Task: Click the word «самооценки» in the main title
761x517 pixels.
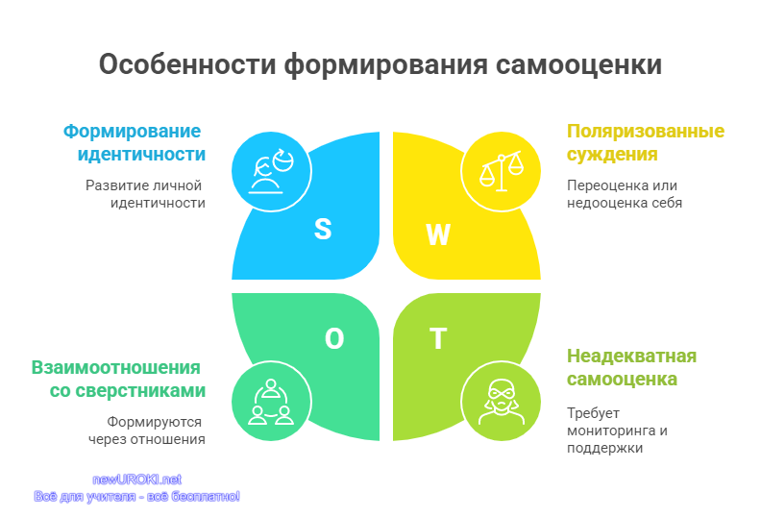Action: point(578,64)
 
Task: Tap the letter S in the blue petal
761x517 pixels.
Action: point(323,229)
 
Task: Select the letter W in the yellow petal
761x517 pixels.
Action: point(438,234)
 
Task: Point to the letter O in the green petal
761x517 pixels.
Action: point(334,339)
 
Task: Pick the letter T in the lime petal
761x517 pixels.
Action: point(438,338)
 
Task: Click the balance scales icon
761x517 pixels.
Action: point(502,170)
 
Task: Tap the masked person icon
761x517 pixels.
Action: point(502,402)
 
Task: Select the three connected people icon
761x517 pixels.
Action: point(271,402)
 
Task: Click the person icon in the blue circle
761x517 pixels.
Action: point(271,172)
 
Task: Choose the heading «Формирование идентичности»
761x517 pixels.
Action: point(135,143)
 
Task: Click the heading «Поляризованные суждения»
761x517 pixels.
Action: point(646,143)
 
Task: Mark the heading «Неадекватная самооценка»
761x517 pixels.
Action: point(631,367)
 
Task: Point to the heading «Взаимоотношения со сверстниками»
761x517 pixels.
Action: point(118,380)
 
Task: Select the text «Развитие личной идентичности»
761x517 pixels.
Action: point(145,194)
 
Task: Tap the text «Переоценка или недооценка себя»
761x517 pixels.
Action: point(625,194)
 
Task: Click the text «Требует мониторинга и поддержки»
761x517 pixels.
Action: point(617,431)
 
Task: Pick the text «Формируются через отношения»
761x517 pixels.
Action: point(147,431)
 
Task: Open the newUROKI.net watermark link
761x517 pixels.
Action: point(136,480)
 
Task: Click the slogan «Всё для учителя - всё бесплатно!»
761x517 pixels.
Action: point(136,497)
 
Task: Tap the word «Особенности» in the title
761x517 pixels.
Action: point(187,64)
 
